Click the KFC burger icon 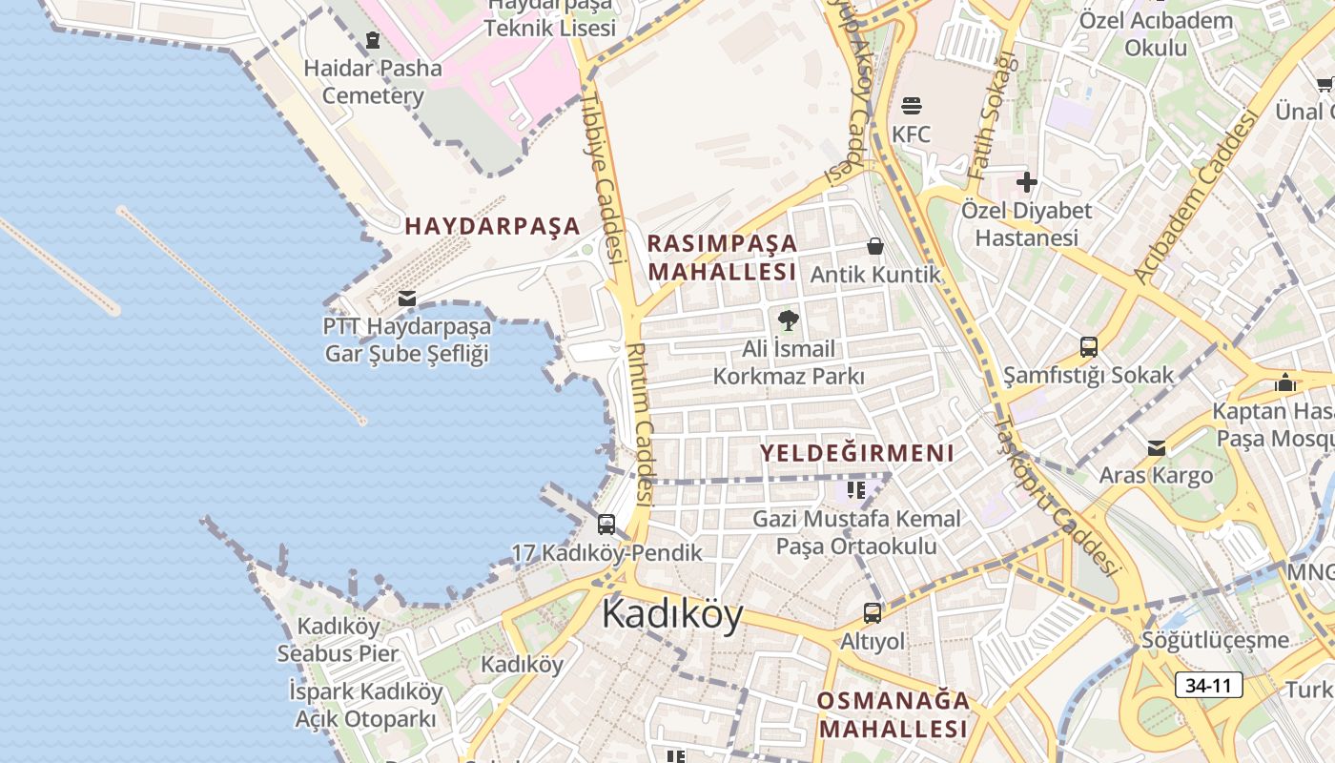point(911,105)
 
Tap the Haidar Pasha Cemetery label point(373,82)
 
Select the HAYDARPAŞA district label point(492,226)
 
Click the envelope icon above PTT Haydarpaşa point(407,299)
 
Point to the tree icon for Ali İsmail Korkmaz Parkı point(788,320)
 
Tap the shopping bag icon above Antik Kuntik point(875,247)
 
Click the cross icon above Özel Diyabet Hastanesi point(1027,181)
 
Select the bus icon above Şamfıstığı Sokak point(1088,347)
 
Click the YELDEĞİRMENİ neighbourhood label point(856,453)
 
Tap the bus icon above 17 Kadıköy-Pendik point(606,525)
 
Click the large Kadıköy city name point(672,615)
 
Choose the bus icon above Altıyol point(873,613)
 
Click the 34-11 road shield point(1209,685)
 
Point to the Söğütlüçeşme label point(1215,640)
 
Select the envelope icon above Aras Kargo point(1157,448)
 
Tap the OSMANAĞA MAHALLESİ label point(893,714)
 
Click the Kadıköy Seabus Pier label point(338,640)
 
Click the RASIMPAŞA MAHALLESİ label point(722,257)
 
